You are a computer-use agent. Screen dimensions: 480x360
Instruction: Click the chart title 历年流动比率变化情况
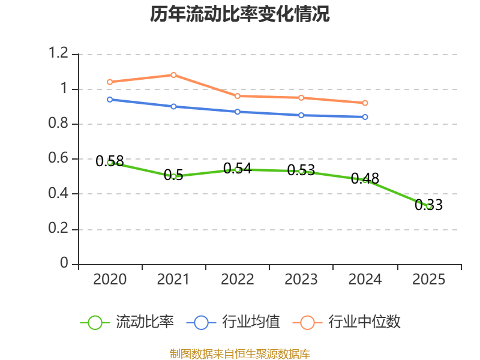click(x=239, y=14)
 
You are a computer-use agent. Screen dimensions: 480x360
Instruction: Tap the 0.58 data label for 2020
click(x=110, y=161)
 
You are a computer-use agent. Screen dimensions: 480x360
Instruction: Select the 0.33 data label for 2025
click(x=428, y=205)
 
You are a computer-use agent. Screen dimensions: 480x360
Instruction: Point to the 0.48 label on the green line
click(x=365, y=178)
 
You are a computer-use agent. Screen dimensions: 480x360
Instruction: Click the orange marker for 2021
click(x=173, y=75)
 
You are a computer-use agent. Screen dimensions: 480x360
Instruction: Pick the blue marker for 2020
click(x=110, y=100)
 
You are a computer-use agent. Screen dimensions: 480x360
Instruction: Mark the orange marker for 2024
click(x=365, y=103)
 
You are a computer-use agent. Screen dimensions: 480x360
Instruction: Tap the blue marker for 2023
click(x=301, y=115)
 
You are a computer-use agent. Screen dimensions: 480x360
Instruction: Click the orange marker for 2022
click(x=237, y=96)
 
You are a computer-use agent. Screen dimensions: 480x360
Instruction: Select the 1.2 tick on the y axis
click(x=58, y=53)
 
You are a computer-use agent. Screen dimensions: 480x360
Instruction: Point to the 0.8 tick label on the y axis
click(x=58, y=123)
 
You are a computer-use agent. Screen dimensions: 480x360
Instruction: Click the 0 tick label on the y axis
click(x=64, y=263)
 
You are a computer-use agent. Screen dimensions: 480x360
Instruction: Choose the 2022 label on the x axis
click(x=237, y=280)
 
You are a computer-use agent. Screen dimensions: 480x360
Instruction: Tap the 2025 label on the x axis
click(x=428, y=280)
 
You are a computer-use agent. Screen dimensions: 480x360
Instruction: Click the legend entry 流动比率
click(x=127, y=322)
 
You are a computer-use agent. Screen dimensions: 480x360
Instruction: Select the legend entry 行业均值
click(x=233, y=322)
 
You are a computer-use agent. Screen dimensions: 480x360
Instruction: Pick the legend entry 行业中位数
click(x=347, y=322)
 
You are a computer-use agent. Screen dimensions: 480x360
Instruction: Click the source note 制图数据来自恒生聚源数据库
click(x=239, y=354)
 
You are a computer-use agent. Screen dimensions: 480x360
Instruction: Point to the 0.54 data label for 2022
click(x=237, y=169)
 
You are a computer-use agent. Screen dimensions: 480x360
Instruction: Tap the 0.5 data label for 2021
click(x=173, y=175)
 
